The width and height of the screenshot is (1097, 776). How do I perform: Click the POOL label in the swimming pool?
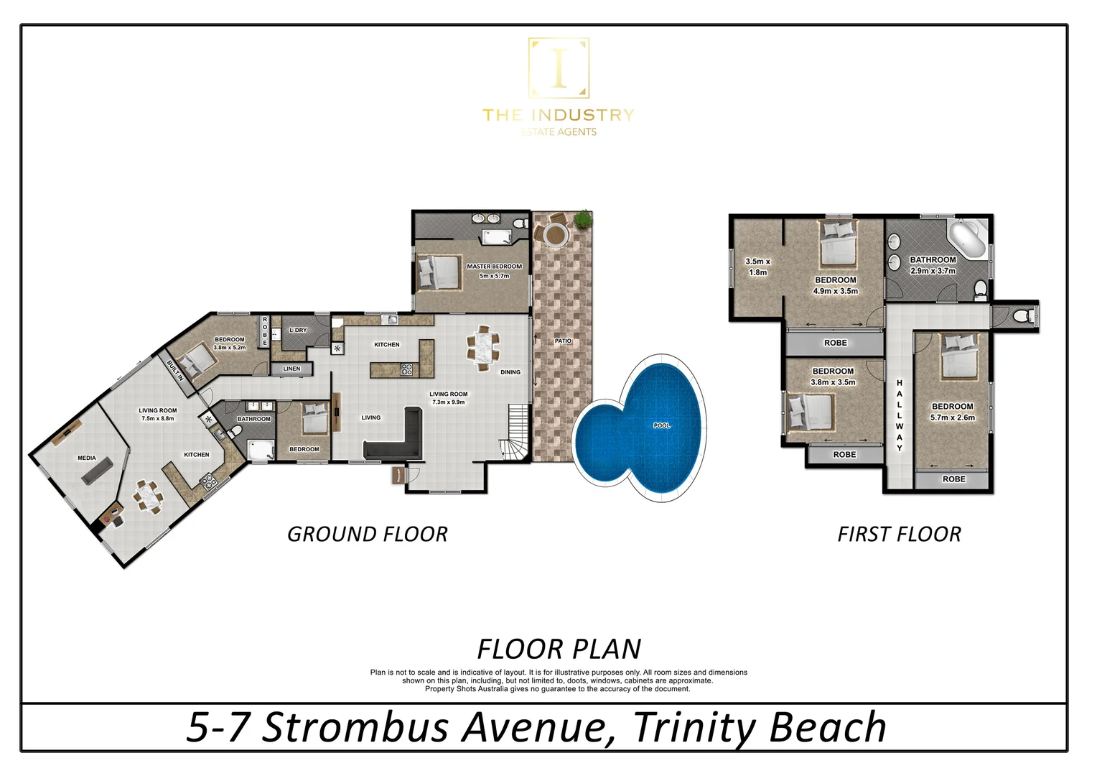click(661, 425)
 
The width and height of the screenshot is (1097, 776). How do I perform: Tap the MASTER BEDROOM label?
click(494, 267)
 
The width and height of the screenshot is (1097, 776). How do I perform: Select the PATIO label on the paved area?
click(563, 341)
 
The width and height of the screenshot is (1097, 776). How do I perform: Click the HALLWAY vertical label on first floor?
click(899, 415)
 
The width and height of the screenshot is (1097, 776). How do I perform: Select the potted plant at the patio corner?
click(583, 218)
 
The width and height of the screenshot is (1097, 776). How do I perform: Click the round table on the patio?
click(554, 234)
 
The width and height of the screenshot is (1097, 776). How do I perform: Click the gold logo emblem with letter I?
click(559, 68)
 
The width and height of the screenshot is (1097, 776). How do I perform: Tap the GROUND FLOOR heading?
click(367, 535)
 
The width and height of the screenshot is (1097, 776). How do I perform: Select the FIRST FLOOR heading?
click(899, 535)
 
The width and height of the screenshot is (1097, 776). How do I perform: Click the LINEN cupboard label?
click(291, 369)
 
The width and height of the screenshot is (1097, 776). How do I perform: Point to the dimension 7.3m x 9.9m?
click(449, 402)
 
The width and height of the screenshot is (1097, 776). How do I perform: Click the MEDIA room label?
click(87, 458)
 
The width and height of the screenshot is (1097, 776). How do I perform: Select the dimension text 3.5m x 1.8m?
click(757, 267)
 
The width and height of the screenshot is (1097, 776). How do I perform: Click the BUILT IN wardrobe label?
click(175, 370)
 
